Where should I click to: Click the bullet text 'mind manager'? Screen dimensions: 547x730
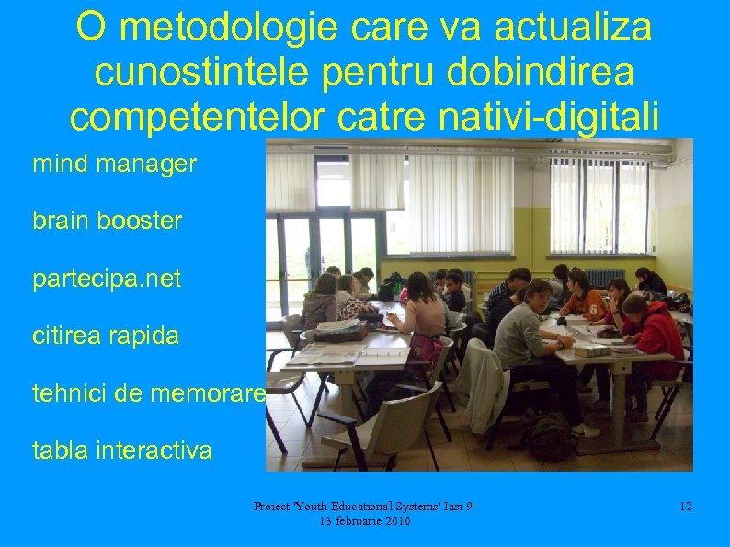(114, 165)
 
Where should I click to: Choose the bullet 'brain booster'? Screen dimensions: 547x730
(107, 222)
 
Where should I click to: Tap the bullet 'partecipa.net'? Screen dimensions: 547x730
(107, 279)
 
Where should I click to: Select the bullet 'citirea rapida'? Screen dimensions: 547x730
(106, 336)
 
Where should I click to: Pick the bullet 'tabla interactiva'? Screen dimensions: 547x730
(122, 451)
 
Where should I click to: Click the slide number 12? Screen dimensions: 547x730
(685, 506)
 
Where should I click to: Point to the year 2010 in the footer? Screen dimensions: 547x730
(394, 521)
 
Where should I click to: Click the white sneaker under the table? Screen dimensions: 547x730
(585, 429)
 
